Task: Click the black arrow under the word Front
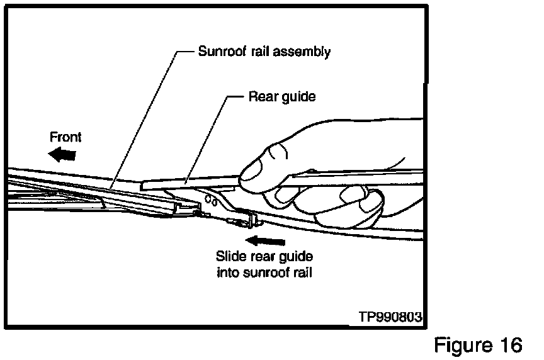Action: (x=64, y=153)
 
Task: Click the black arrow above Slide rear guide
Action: (x=266, y=240)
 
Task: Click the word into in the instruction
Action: (x=227, y=273)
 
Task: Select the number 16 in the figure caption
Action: (x=509, y=345)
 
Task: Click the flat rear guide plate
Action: (x=189, y=183)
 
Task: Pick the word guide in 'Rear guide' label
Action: (x=298, y=98)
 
